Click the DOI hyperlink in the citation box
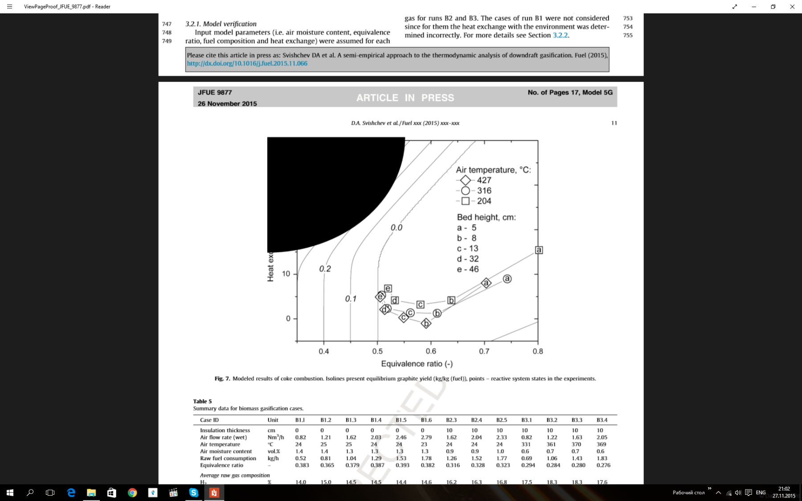point(247,64)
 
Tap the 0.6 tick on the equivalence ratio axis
point(431,351)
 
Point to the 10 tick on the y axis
point(286,273)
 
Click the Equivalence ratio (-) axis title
point(417,364)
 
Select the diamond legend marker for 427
point(465,180)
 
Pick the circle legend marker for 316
point(465,191)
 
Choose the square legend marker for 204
point(465,201)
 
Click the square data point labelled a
point(539,250)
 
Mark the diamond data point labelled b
point(426,323)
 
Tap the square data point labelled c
point(420,304)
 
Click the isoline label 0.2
point(325,269)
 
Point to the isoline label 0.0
point(396,228)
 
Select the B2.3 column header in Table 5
point(451,420)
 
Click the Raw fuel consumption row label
point(228,458)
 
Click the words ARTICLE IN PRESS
point(405,98)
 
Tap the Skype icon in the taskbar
point(193,493)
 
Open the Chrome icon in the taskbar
point(132,493)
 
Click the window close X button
point(792,7)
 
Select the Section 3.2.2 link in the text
point(560,35)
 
